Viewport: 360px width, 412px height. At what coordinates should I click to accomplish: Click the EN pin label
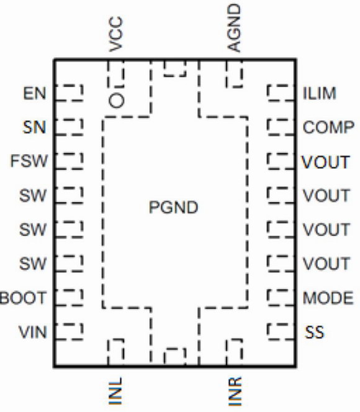(35, 93)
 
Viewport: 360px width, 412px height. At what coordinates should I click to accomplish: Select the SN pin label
(34, 127)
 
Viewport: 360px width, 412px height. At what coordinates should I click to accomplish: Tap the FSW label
(29, 161)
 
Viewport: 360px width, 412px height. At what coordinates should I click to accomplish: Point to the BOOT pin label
(23, 298)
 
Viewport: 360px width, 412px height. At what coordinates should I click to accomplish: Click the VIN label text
(32, 332)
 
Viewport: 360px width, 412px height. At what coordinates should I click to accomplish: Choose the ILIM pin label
(319, 93)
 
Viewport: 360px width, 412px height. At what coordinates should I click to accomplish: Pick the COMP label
(328, 127)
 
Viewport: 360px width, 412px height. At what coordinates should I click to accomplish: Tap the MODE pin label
(328, 298)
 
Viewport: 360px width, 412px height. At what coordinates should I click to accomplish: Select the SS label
(314, 332)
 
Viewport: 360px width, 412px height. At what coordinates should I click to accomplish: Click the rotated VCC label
(116, 34)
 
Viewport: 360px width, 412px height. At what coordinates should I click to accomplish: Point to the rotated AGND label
(234, 28)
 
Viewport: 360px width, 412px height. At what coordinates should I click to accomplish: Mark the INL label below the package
(115, 391)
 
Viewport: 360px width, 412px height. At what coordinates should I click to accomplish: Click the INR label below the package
(235, 391)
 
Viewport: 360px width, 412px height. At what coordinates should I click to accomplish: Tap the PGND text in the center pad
(173, 208)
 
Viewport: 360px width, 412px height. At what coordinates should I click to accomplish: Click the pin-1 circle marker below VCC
(116, 101)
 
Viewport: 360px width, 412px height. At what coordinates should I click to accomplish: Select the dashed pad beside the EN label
(69, 93)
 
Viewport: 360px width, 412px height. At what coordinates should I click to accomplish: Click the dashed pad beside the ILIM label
(281, 93)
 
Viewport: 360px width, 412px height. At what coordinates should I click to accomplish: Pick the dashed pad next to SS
(281, 332)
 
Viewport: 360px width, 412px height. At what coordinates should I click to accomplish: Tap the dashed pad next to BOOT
(69, 298)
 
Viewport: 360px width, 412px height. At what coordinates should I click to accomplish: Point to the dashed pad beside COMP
(281, 127)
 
